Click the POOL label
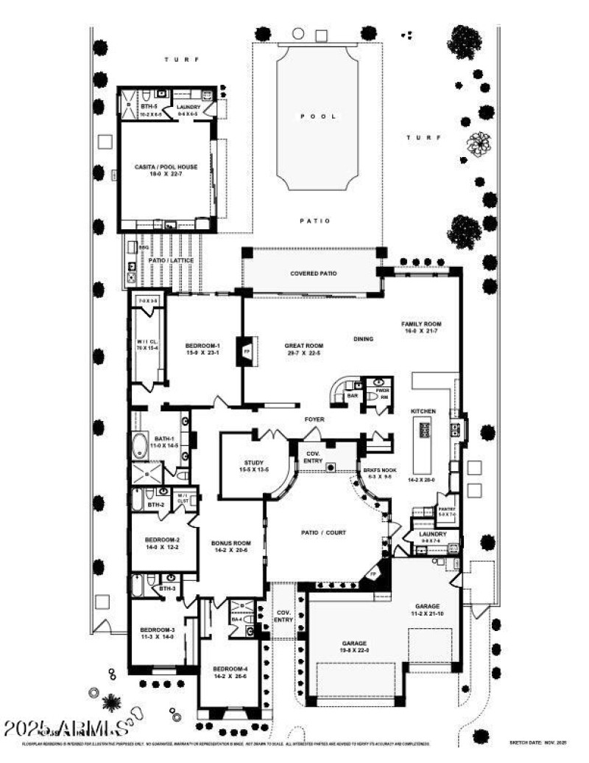click(318, 116)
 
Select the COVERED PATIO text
click(313, 274)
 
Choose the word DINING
click(364, 339)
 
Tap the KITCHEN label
click(423, 411)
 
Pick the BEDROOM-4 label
click(229, 672)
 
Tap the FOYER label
click(315, 419)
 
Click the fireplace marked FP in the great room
click(246, 350)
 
